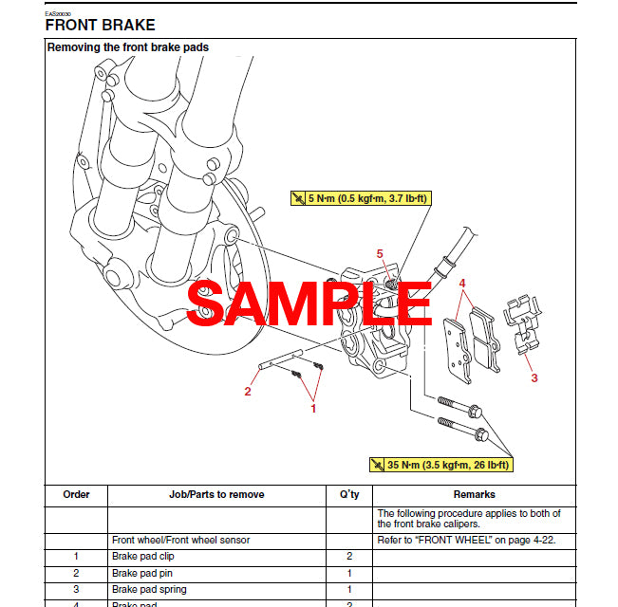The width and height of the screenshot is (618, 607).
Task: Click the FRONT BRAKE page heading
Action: click(100, 25)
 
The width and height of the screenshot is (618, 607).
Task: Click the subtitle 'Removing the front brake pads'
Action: click(128, 46)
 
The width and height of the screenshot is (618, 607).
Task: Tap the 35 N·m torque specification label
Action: click(440, 465)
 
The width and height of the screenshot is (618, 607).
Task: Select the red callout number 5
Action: click(380, 254)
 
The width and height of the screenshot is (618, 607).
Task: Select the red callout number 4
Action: click(462, 283)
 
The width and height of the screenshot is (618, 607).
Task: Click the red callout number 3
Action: click(534, 377)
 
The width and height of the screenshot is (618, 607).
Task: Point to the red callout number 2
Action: click(248, 391)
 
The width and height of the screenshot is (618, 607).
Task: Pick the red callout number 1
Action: click(313, 408)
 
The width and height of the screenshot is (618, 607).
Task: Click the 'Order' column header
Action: click(76, 494)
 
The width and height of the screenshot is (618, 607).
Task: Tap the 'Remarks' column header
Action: click(474, 494)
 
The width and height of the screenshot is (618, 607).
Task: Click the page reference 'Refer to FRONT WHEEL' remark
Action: click(469, 540)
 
